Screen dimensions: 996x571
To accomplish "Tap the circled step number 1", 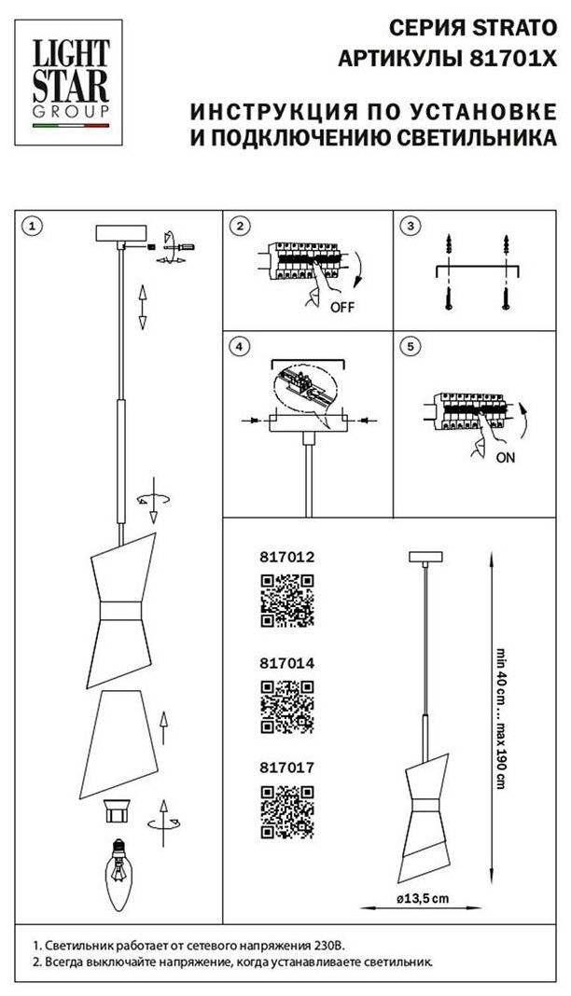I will [x=31, y=227].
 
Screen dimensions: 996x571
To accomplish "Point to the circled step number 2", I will [x=241, y=227].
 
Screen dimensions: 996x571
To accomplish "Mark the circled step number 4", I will [x=241, y=347].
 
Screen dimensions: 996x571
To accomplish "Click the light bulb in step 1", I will [x=119, y=871].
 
